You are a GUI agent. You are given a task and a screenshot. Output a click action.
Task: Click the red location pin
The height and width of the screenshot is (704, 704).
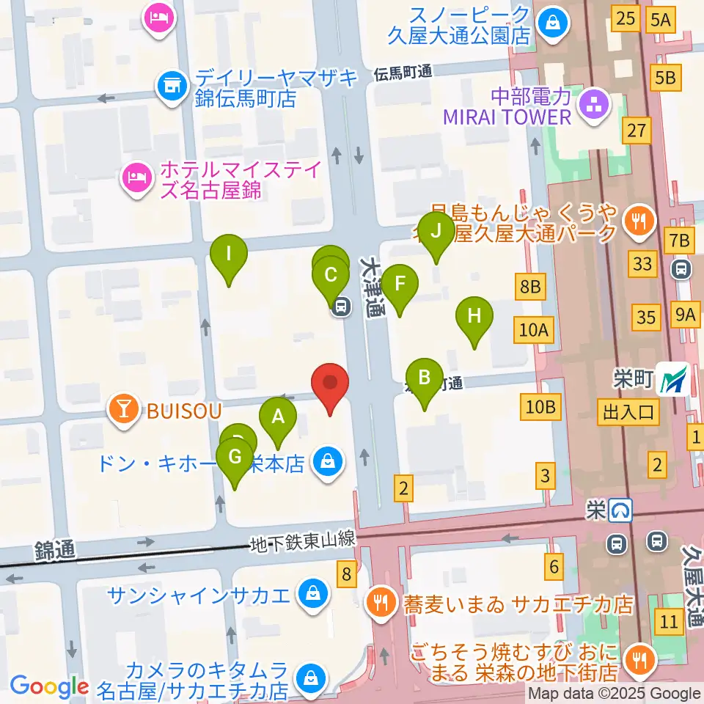pyautogui.click(x=330, y=384)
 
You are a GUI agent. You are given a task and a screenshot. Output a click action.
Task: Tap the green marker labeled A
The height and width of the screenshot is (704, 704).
pyautogui.click(x=278, y=418)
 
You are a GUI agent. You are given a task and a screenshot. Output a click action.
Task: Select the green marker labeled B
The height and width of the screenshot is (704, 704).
pyautogui.click(x=424, y=378)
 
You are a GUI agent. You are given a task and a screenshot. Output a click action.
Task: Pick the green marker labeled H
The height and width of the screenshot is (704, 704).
pyautogui.click(x=474, y=317)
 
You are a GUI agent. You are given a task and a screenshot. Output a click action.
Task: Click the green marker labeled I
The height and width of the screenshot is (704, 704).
pyautogui.click(x=229, y=254)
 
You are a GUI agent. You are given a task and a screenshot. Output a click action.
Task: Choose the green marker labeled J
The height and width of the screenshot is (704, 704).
pyautogui.click(x=436, y=232)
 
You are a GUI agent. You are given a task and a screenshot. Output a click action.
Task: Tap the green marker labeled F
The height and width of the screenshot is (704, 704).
pyautogui.click(x=400, y=284)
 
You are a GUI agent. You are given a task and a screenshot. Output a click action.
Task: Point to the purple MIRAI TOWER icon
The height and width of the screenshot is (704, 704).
pyautogui.click(x=590, y=106)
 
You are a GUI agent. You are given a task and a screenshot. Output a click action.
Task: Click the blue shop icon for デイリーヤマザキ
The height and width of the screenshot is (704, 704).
pyautogui.click(x=171, y=84)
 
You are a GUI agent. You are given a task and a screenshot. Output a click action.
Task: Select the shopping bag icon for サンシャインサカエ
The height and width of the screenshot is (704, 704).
pyautogui.click(x=312, y=593)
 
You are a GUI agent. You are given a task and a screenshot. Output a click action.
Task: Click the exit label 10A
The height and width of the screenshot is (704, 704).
pyautogui.click(x=533, y=331)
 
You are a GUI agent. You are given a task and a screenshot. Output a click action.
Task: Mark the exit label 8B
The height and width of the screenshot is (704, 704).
pyautogui.click(x=530, y=287)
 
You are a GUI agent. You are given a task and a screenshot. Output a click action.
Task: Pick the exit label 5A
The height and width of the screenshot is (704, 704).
pyautogui.click(x=660, y=20)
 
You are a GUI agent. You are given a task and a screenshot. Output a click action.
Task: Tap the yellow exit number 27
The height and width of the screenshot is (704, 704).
pyautogui.click(x=636, y=131)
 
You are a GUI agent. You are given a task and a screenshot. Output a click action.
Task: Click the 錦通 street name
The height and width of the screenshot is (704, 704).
pyautogui.click(x=55, y=550)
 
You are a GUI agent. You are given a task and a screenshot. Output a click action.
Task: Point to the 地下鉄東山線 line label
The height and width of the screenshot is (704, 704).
pyautogui.click(x=302, y=541)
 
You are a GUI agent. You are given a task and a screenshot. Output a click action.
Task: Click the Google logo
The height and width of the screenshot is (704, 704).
pyautogui.click(x=49, y=686)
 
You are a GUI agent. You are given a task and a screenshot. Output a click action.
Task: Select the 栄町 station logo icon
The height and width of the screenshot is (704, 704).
pyautogui.click(x=672, y=379)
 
